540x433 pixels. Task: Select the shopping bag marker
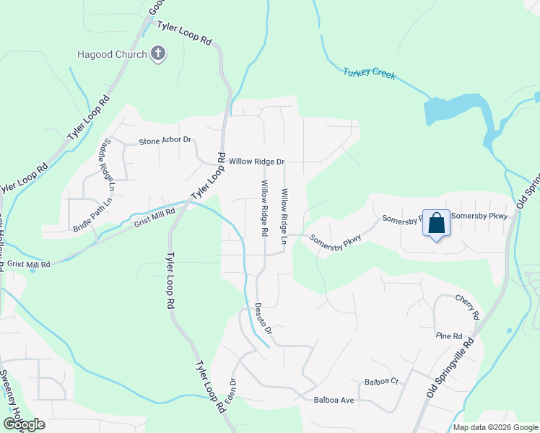click(x=437, y=224)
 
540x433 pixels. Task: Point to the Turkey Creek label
click(x=369, y=73)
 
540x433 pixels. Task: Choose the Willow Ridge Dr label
click(x=257, y=162)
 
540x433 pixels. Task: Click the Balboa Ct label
click(x=381, y=381)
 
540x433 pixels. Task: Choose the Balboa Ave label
click(x=334, y=399)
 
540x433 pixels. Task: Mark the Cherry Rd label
click(x=468, y=307)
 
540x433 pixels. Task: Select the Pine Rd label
click(x=448, y=336)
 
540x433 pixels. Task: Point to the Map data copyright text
click(x=495, y=427)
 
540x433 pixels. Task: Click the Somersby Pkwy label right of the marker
click(x=479, y=216)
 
